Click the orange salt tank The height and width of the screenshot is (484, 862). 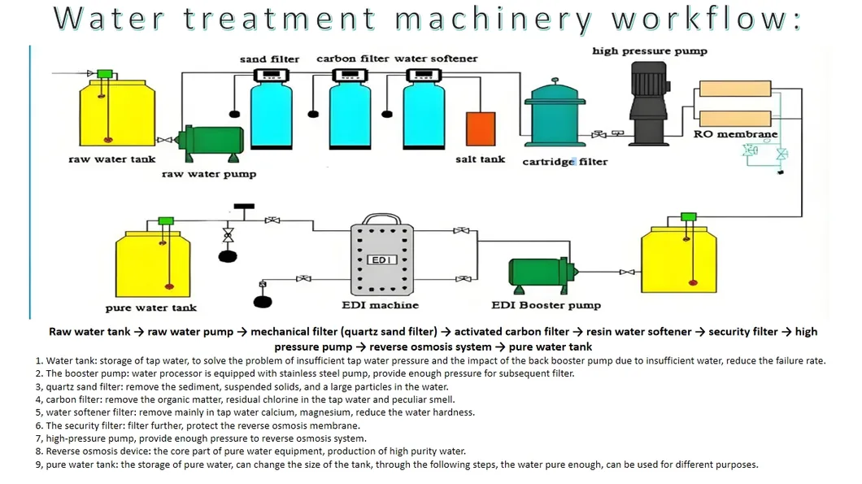(x=480, y=129)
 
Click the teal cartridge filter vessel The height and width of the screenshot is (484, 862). (x=556, y=116)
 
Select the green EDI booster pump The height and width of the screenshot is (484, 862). (x=539, y=274)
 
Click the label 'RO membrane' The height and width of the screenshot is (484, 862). (x=735, y=134)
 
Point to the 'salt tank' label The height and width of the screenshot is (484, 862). (x=480, y=159)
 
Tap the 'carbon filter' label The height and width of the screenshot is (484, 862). (x=352, y=59)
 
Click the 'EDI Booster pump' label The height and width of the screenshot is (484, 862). (x=546, y=305)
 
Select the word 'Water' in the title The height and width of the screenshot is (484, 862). (x=109, y=20)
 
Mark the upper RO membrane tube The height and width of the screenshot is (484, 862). (x=735, y=89)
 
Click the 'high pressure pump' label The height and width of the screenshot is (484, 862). (x=649, y=51)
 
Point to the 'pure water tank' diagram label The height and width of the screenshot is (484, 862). (x=150, y=307)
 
